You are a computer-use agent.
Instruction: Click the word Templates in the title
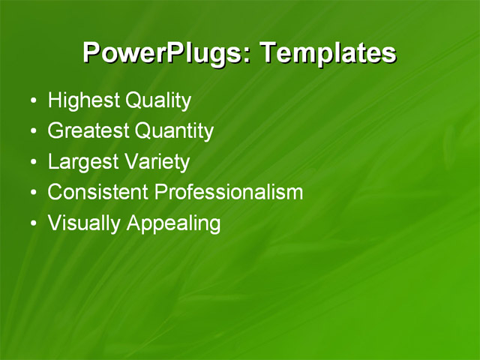click(x=327, y=53)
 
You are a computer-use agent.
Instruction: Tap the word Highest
click(x=83, y=100)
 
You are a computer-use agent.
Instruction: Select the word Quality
click(x=157, y=100)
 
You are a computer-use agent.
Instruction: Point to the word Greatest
click(x=88, y=131)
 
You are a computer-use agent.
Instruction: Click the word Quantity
click(x=174, y=131)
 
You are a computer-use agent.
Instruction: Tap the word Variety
click(x=159, y=162)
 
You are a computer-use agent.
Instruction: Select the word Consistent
click(x=97, y=192)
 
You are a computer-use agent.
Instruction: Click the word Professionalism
click(x=228, y=192)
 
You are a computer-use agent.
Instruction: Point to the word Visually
click(x=84, y=223)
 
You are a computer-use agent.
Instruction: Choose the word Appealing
click(x=173, y=223)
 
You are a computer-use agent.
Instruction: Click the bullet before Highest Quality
click(x=31, y=101)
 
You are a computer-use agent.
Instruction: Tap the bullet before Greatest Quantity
click(x=31, y=132)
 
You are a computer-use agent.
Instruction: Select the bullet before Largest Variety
click(x=31, y=162)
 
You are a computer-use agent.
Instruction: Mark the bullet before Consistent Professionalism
click(x=31, y=193)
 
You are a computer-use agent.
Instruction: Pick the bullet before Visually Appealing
click(x=31, y=223)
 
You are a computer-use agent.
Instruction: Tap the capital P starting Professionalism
click(x=160, y=192)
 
